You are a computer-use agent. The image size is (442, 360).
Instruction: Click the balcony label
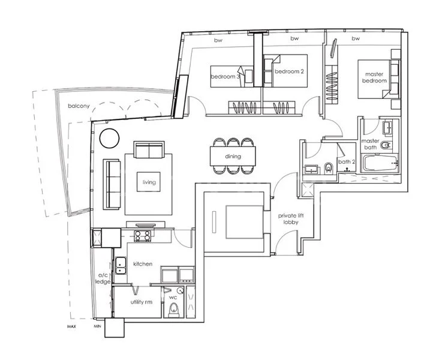point(79,106)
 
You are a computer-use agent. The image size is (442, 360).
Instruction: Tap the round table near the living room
point(109,139)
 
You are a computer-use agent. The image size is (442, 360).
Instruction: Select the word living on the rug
point(149,182)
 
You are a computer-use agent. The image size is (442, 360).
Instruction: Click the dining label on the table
point(233,157)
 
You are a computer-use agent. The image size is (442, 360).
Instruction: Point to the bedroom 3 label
point(225,77)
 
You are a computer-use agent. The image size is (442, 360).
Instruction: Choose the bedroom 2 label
point(286,72)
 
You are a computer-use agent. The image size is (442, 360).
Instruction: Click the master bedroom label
point(373,78)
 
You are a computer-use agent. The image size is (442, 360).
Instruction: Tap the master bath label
point(370,145)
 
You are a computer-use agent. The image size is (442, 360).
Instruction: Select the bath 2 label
point(346,162)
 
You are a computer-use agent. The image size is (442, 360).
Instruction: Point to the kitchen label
point(143,264)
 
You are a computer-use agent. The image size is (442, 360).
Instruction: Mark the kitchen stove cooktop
point(144,235)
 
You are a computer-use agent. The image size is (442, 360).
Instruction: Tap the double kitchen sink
point(121,265)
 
